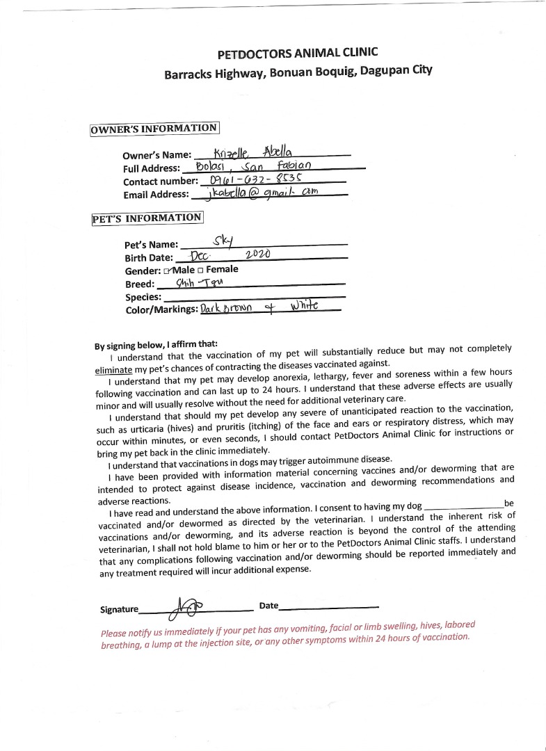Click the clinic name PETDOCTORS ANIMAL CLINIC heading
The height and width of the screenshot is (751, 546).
tap(298, 54)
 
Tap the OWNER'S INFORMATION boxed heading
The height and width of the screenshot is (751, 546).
tap(154, 129)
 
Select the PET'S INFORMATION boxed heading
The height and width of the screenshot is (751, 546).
tap(147, 218)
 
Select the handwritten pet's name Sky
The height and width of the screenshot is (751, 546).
tap(223, 241)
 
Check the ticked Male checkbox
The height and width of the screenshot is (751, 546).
tap(167, 270)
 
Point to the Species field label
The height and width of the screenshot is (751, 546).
tap(143, 297)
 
